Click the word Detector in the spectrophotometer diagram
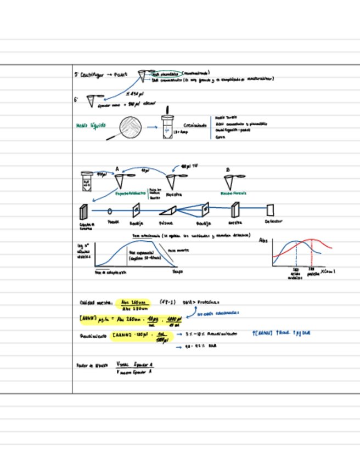pyautogui.click(x=273, y=222)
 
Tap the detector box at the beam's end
pyautogui.click(x=270, y=209)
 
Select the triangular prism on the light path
pyautogui.click(x=167, y=210)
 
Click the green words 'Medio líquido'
pyautogui.click(x=90, y=126)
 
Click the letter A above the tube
pyautogui.click(x=117, y=168)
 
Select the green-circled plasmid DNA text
pyautogui.click(x=166, y=73)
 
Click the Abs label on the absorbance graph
pyautogui.click(x=263, y=240)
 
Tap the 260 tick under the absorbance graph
pyautogui.click(x=295, y=270)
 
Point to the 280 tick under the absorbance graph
pyautogui.click(x=312, y=270)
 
